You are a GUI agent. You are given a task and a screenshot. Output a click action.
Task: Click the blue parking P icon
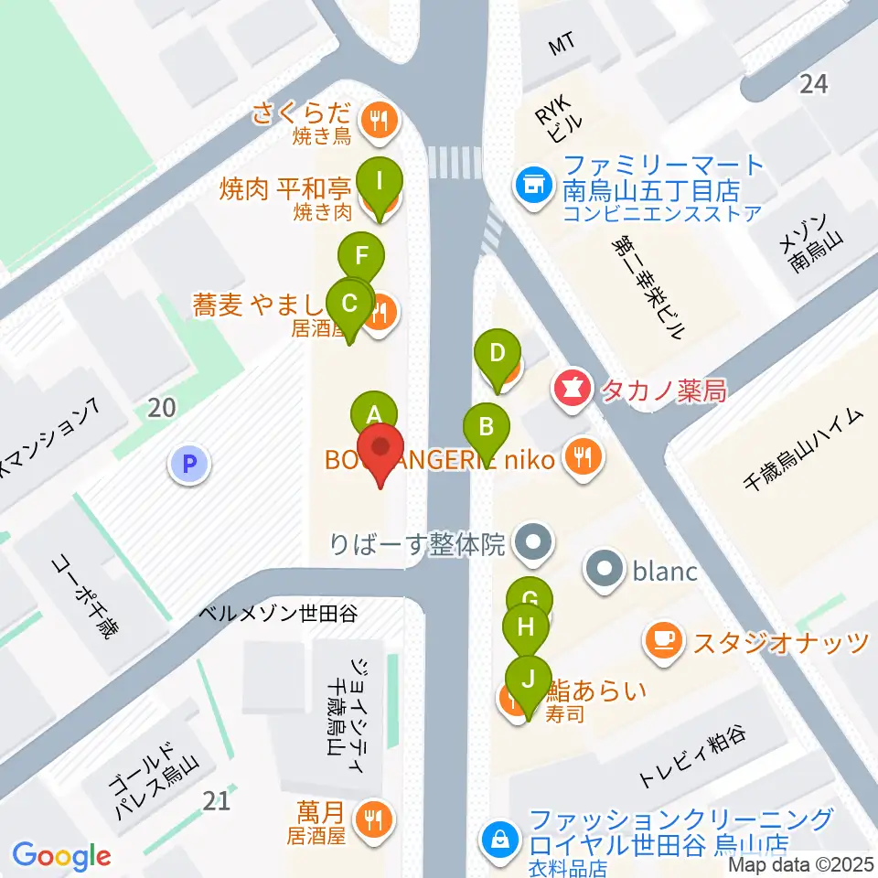tap(189, 465)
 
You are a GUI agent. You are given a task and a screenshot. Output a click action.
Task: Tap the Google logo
tap(61, 856)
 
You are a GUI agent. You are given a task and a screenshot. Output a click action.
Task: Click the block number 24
tap(813, 84)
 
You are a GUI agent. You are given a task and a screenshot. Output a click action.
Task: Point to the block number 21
tap(217, 801)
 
